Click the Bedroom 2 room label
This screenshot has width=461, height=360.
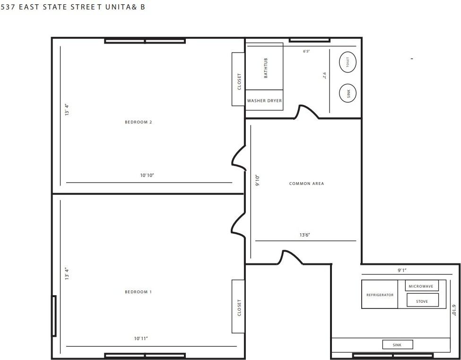(x=138, y=122)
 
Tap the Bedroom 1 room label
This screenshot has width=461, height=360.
(x=138, y=292)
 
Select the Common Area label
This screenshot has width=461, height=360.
(x=306, y=184)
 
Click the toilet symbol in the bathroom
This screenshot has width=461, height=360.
(x=348, y=62)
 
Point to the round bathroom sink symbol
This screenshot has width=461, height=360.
(x=348, y=93)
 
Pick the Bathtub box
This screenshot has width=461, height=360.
(x=264, y=66)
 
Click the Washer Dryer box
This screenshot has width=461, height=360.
(x=264, y=100)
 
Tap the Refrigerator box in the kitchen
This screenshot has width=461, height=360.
(x=380, y=295)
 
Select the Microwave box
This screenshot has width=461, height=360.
(x=421, y=286)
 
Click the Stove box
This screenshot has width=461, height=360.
(x=422, y=300)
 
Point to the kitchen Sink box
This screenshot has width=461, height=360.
(x=397, y=345)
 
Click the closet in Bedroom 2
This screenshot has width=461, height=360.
(x=238, y=79)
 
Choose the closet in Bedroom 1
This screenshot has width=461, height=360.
(x=238, y=307)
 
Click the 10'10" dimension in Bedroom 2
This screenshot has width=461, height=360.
(x=147, y=176)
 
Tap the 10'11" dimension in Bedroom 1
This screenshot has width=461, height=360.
(x=141, y=338)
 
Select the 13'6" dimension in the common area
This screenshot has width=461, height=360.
(x=304, y=235)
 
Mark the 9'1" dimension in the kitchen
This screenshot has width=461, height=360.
(x=402, y=270)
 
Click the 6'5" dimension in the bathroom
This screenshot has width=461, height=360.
(x=306, y=51)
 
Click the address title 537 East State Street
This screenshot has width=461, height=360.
(x=73, y=7)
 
